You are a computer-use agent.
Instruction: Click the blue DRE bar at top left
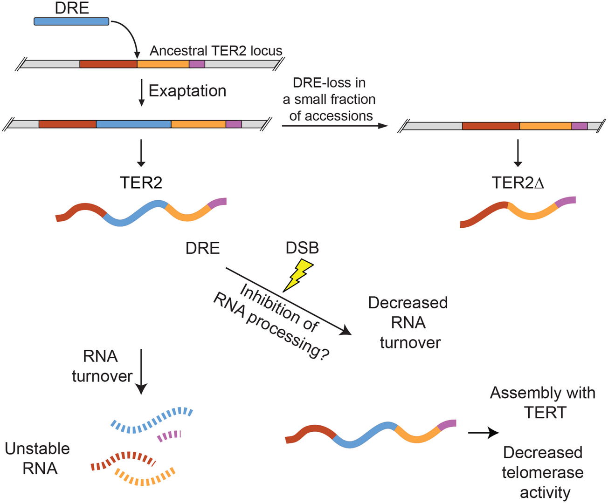(71, 21)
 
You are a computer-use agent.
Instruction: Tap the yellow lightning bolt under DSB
(297, 275)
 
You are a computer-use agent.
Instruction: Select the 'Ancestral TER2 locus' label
(216, 51)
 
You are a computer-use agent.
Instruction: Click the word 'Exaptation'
(187, 91)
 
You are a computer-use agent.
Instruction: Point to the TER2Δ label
(518, 183)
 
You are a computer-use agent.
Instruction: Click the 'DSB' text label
(302, 248)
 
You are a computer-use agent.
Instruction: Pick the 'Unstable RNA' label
(38, 458)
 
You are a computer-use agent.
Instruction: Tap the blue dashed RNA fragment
(152, 420)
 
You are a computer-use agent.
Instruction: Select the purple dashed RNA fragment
(169, 436)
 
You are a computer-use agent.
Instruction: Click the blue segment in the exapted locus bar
(134, 124)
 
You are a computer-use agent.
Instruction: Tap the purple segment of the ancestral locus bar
(197, 64)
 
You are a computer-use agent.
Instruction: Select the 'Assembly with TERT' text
(543, 402)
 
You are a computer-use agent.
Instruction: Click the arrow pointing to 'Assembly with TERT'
(484, 433)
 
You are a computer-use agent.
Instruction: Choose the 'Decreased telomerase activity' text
(543, 472)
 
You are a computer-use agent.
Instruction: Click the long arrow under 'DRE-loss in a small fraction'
(335, 126)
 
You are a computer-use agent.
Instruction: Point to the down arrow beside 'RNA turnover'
(141, 372)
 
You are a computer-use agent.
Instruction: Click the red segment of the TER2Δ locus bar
(491, 126)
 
